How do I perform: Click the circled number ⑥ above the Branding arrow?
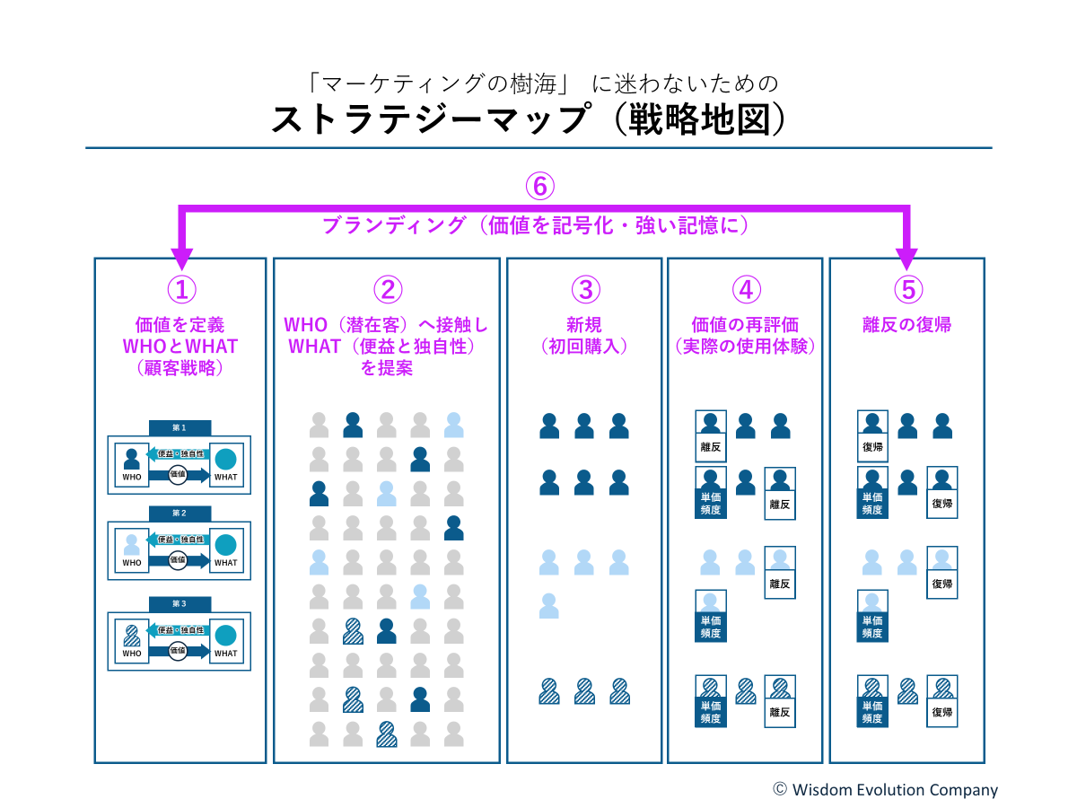(539, 187)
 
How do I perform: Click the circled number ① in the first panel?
(180, 289)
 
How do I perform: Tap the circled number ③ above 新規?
(584, 289)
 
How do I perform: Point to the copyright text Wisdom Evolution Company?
(885, 790)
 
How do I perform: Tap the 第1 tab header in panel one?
(179, 428)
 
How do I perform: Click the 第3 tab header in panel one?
(179, 604)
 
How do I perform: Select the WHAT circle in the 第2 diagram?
(225, 544)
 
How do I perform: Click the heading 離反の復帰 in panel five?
(907, 325)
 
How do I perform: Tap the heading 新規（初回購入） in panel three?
(584, 335)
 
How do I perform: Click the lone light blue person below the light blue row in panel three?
(549, 606)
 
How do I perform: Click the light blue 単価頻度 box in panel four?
(711, 616)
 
